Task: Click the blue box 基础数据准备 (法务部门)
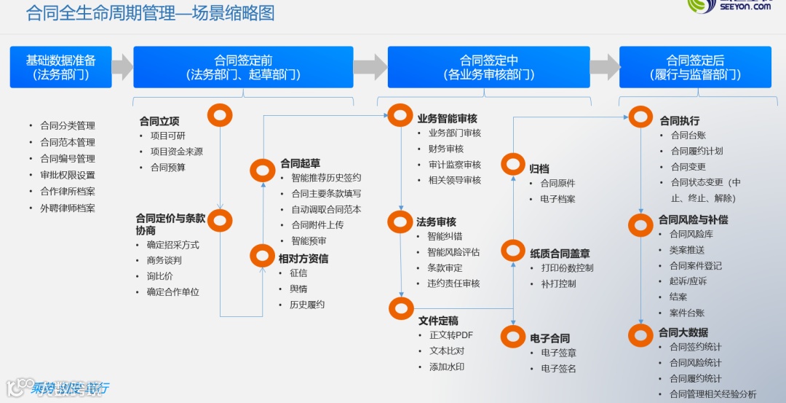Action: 60,67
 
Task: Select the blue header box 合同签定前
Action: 243,67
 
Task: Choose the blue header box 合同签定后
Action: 695,67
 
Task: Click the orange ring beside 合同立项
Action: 220,115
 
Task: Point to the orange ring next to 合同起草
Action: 263,170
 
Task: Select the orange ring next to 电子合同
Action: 513,337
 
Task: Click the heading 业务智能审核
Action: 447,118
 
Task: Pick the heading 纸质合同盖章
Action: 560,253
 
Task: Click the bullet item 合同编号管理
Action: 68,158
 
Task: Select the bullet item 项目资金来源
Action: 176,152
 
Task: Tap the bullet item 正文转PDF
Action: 450,334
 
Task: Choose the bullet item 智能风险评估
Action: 453,252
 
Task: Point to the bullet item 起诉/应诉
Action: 688,281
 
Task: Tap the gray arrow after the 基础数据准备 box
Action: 122,67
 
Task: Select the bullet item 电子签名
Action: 558,369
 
